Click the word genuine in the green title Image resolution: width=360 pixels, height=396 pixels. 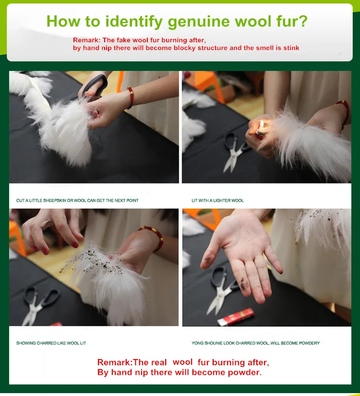199,22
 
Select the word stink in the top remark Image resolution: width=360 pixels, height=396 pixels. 291,48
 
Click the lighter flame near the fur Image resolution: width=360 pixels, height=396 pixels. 262,124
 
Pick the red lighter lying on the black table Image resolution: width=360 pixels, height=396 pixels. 236,316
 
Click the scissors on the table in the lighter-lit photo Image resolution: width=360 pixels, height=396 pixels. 234,152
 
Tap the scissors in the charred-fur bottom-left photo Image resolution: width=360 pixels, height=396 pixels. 40,305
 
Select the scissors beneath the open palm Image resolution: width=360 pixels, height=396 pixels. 222,290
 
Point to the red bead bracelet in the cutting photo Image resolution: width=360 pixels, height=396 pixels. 130,97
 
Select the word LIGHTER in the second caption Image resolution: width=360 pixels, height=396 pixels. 222,201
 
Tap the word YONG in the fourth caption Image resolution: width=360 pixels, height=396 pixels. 197,343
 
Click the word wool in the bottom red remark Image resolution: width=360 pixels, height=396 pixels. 182,362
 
